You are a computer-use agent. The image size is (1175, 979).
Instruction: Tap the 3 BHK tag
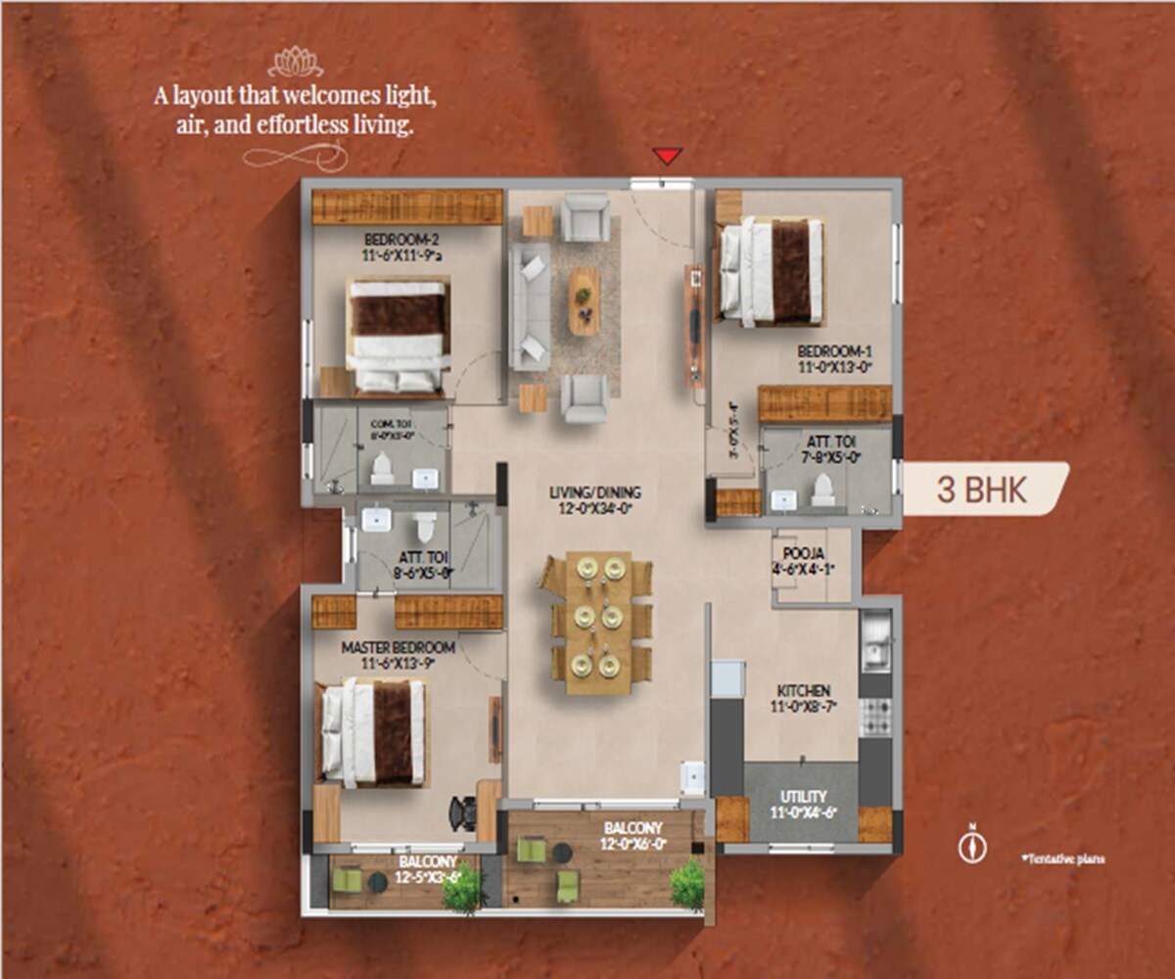(981, 489)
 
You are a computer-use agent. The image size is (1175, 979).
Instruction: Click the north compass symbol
(971, 846)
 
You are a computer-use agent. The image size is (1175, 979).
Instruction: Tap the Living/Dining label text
(595, 500)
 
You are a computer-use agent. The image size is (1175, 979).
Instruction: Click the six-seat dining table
(597, 623)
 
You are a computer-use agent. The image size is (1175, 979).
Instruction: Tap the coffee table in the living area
(584, 300)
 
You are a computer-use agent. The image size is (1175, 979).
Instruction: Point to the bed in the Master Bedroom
(375, 732)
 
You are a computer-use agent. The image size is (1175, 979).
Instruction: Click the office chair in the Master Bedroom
(461, 812)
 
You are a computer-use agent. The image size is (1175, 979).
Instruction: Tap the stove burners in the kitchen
(874, 718)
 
